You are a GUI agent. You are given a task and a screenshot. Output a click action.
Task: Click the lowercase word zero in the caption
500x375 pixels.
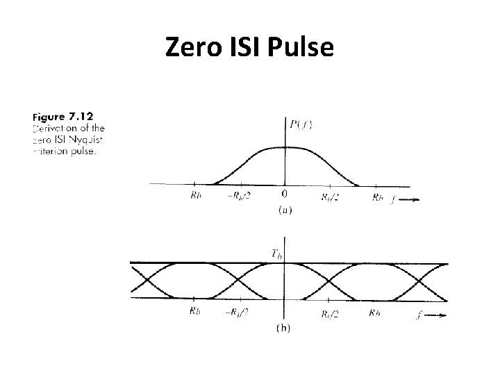[x=42, y=140]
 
